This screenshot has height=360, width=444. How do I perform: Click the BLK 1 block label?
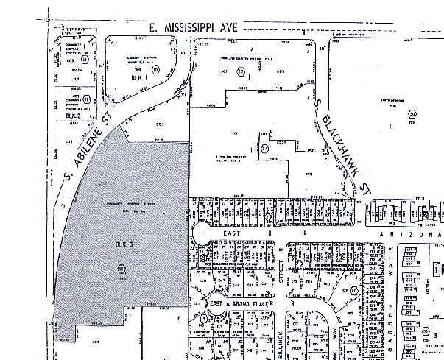click(135, 77)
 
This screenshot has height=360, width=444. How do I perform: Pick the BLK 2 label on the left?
click(71, 116)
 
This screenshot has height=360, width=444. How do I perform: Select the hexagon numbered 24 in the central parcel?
click(265, 149)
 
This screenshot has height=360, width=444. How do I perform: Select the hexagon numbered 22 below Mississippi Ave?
click(241, 71)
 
